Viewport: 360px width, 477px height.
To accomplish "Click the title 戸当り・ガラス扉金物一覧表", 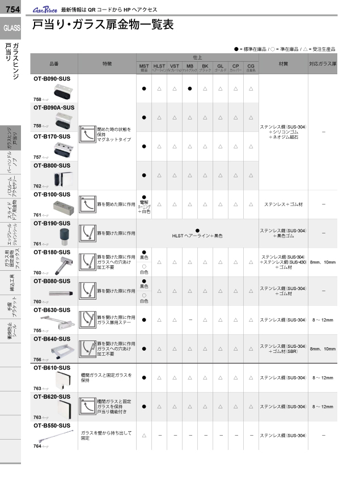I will coord(103,25).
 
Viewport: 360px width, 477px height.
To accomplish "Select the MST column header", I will coord(144,67).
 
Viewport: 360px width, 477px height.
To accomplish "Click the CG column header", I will coord(251,67).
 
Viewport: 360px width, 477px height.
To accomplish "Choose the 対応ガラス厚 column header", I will coord(323,64).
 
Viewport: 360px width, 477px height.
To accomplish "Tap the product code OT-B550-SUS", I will coord(52,425).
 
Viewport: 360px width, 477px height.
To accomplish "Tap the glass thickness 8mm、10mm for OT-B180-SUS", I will coord(323,263).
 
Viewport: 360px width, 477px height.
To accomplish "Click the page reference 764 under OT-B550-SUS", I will coord(37,446).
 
